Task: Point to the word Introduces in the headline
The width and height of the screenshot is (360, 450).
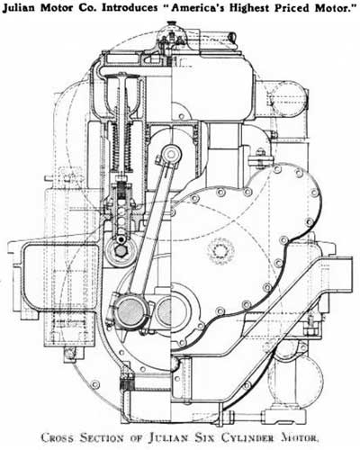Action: (130, 8)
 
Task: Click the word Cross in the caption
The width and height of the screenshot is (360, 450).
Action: (57, 437)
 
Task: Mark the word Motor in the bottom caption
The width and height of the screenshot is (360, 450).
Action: (299, 437)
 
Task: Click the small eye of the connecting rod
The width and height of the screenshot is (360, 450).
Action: (171, 155)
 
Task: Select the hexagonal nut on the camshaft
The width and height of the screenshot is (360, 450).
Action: (121, 251)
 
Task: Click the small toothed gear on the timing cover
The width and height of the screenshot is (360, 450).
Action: (221, 251)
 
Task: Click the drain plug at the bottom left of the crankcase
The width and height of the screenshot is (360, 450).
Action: (70, 354)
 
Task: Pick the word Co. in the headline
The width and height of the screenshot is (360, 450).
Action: (90, 8)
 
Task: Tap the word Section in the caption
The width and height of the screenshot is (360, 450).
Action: (103, 437)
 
